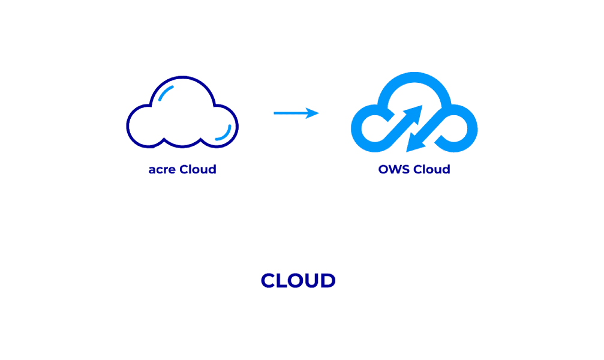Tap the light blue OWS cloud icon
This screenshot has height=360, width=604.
pyautogui.click(x=414, y=113)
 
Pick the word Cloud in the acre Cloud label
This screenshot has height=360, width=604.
pyautogui.click(x=198, y=170)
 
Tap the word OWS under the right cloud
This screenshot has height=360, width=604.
pyautogui.click(x=393, y=170)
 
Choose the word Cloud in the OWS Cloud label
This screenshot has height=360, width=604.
pyautogui.click(x=431, y=170)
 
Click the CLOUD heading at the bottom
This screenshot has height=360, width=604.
pyautogui.click(x=298, y=281)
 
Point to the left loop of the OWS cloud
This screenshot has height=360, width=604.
pyautogui.click(x=367, y=126)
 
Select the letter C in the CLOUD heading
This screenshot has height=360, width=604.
pyautogui.click(x=269, y=281)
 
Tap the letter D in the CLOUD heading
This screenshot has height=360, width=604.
pyautogui.click(x=327, y=281)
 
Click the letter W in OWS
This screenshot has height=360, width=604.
pyautogui.click(x=396, y=170)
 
